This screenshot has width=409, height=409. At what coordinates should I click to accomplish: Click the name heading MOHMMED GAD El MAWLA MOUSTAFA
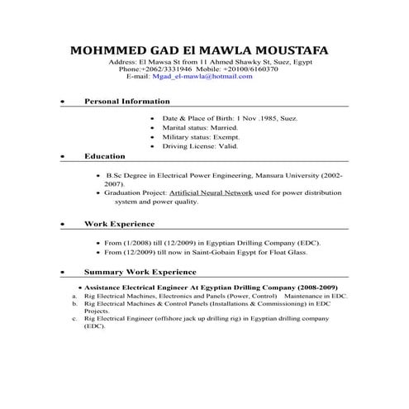199,50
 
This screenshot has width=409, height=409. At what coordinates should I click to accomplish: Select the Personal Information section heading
127,101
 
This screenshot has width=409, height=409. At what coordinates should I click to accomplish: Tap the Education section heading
104,155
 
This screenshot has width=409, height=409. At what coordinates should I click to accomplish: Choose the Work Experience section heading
119,223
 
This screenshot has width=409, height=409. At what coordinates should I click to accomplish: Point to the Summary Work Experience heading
140,271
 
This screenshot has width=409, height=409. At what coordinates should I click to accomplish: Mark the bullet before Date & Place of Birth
153,118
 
